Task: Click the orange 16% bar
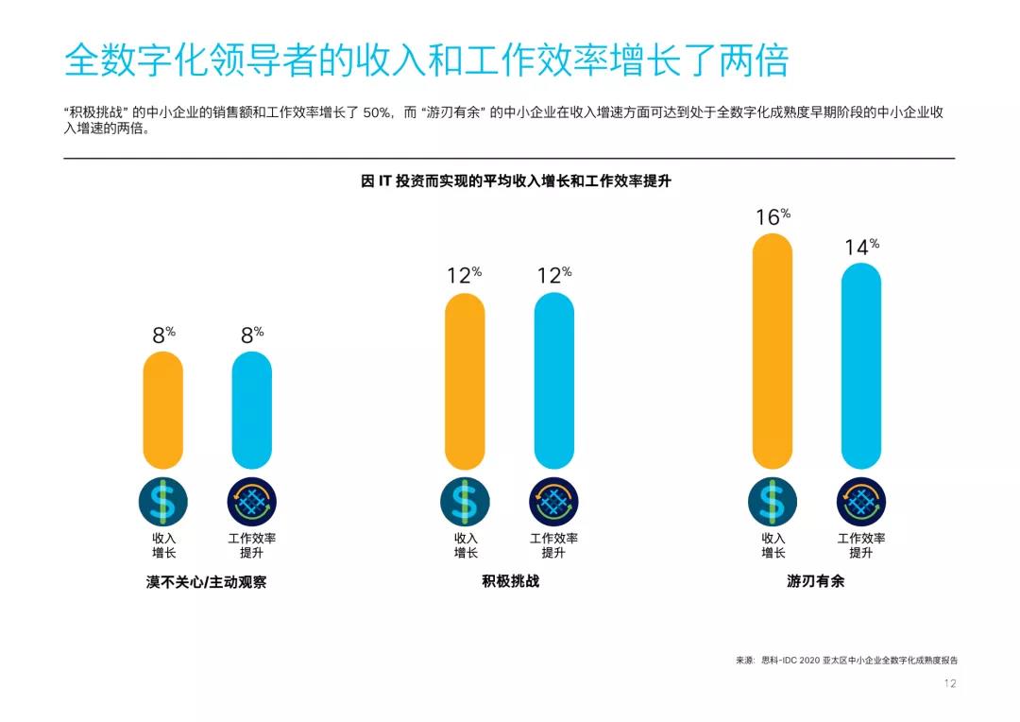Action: pos(773,351)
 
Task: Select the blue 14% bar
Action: pos(860,366)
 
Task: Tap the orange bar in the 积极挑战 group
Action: pos(465,381)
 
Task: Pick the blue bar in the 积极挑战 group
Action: pos(553,381)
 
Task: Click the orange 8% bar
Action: pos(163,410)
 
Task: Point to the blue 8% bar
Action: pos(251,410)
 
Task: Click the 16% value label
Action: pos(772,217)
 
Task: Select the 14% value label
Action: pos(860,248)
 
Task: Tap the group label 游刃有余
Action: pos(815,581)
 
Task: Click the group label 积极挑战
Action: pos(510,581)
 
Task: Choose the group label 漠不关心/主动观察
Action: pos(206,582)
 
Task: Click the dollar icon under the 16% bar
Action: pos(773,502)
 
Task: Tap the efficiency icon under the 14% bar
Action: pos(860,502)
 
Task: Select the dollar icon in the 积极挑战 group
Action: pos(465,502)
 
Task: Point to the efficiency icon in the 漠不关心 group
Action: pos(251,502)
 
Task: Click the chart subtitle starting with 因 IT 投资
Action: pos(516,181)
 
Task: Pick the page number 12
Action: pos(950,683)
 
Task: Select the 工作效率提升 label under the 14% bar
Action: pos(861,545)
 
